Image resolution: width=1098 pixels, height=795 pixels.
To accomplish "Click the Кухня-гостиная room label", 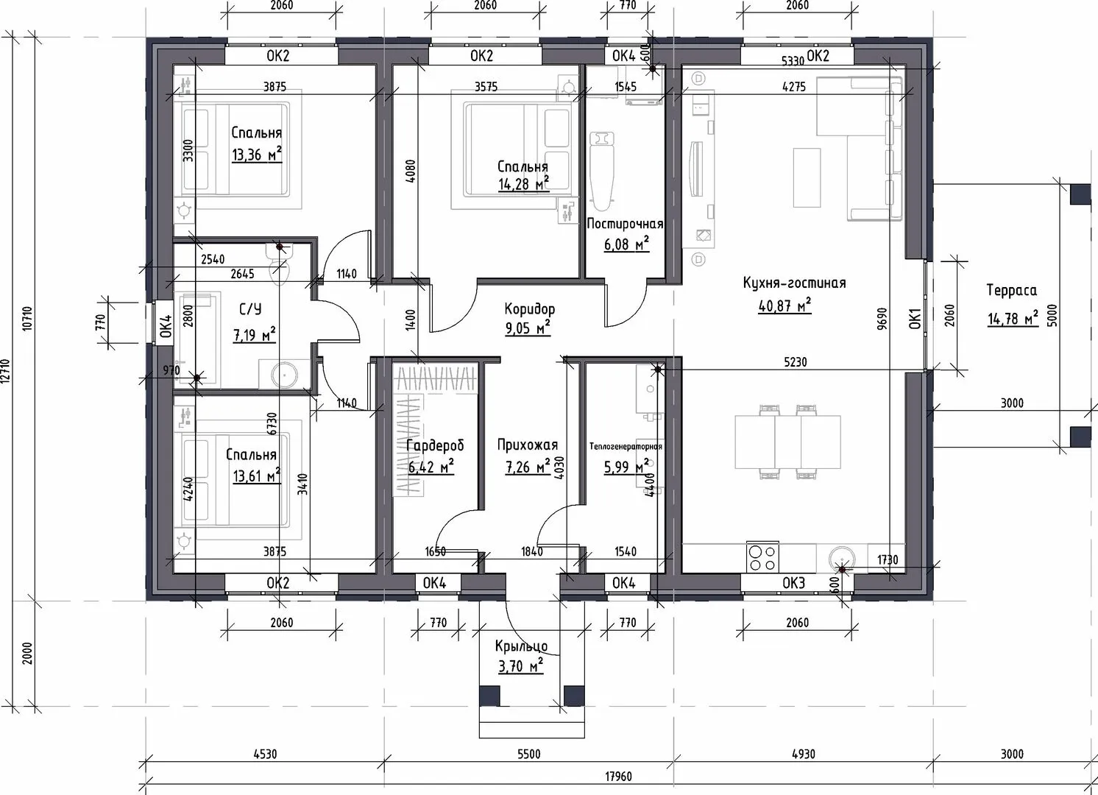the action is (x=794, y=283).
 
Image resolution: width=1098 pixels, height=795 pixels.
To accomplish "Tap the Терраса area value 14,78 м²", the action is (x=1012, y=318).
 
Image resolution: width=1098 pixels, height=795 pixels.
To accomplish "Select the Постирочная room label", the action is (x=625, y=224).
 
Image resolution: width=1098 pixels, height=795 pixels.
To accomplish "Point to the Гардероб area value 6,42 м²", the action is (x=431, y=467).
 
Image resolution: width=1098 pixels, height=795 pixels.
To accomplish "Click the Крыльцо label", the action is (x=521, y=646).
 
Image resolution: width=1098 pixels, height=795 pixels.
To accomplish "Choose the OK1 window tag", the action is (x=915, y=318).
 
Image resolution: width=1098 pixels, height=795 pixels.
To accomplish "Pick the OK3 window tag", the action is (x=793, y=583).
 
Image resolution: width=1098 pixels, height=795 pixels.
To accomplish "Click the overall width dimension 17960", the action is (x=618, y=777).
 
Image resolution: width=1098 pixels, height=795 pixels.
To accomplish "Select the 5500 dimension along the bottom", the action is (x=529, y=754).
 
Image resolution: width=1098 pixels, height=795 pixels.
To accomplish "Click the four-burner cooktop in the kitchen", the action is (x=762, y=556).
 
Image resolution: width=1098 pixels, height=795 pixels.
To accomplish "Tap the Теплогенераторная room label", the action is (x=626, y=446).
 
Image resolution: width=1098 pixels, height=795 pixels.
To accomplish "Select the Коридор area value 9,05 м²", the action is (x=528, y=328).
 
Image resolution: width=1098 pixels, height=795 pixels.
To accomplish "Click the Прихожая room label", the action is (x=528, y=445).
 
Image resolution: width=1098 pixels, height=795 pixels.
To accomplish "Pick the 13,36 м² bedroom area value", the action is (x=257, y=155).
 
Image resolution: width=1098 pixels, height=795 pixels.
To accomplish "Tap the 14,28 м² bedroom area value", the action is (x=523, y=184).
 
